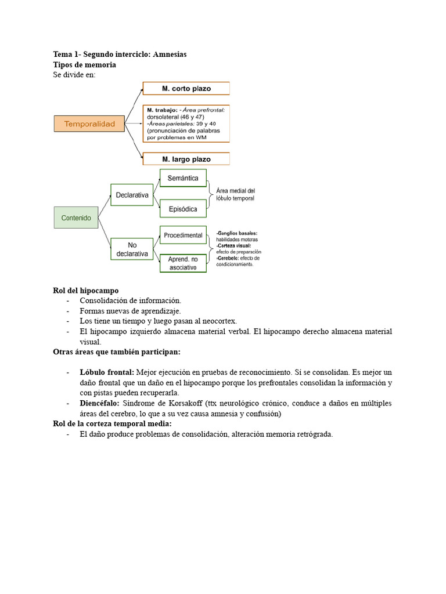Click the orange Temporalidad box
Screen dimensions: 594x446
click(x=89, y=124)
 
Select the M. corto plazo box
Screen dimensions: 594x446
click(x=186, y=89)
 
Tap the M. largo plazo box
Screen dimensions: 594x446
click(x=186, y=159)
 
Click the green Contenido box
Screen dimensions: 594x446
click(x=76, y=218)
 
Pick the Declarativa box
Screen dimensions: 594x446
click(x=132, y=195)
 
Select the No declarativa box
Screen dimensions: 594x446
click(x=132, y=249)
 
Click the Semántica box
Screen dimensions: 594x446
click(x=183, y=178)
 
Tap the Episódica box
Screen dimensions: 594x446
click(x=183, y=209)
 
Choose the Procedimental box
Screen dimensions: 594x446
click(x=183, y=235)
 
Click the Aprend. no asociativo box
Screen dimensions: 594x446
click(x=183, y=263)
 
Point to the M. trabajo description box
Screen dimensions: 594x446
click(x=186, y=124)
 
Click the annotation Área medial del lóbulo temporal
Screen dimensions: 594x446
click(x=235, y=194)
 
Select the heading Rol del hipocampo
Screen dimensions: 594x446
click(x=86, y=290)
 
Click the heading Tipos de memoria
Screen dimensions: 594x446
click(x=85, y=64)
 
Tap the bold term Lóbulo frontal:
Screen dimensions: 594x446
click(x=107, y=372)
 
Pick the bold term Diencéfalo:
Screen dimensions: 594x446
click(x=99, y=403)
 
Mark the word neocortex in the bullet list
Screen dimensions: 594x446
click(x=217, y=321)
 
